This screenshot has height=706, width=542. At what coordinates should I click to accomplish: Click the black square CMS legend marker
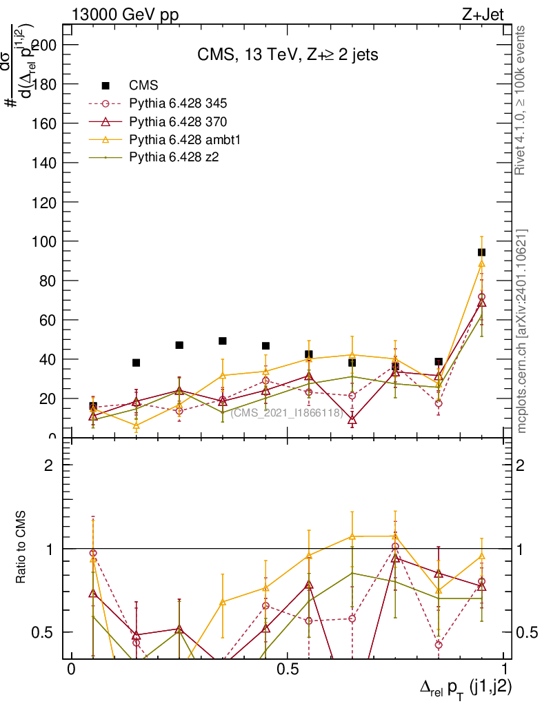coord(106,85)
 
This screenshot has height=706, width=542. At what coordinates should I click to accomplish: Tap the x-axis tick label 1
coord(505,669)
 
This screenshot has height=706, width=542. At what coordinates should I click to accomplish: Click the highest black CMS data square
coord(482,252)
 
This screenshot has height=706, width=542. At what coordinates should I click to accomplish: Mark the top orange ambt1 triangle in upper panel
coord(482,263)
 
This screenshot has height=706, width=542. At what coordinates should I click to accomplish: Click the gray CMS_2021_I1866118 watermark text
coord(287,413)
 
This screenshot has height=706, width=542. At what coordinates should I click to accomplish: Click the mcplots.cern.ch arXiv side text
coord(522,331)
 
